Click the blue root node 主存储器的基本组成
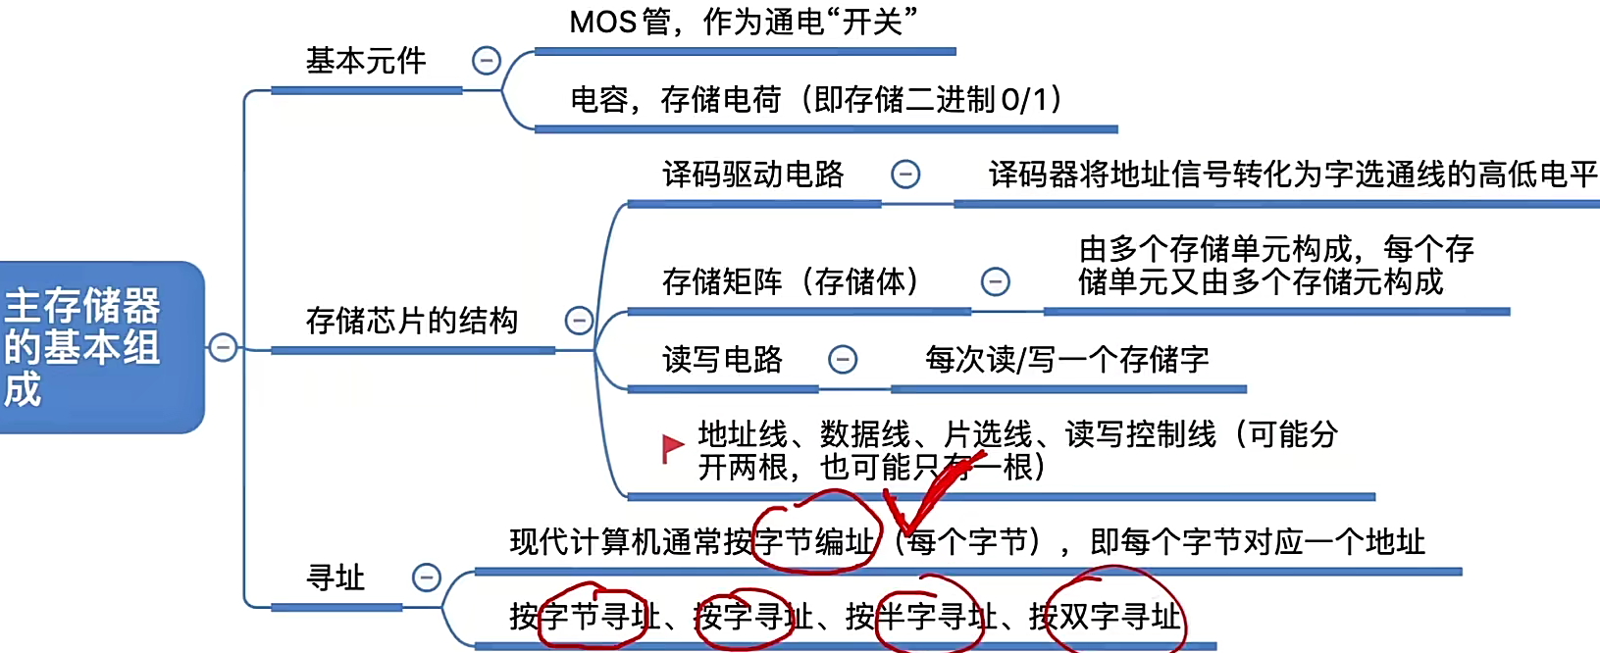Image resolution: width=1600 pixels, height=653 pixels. click(98, 346)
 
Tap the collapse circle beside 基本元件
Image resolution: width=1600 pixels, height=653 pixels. click(487, 61)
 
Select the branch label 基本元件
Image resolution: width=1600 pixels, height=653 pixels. click(366, 61)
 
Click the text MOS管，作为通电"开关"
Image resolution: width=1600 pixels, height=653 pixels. click(744, 22)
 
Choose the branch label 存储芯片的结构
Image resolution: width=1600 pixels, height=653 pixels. click(411, 321)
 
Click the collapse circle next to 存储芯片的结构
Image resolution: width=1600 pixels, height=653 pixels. click(579, 321)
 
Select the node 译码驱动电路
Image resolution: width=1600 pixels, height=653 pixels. click(752, 175)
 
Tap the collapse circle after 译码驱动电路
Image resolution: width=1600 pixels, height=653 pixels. click(905, 175)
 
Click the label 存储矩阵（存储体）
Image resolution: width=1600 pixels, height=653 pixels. click(791, 282)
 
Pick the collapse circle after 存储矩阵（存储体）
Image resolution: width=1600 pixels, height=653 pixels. click(996, 282)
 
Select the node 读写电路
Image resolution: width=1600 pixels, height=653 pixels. click(722, 360)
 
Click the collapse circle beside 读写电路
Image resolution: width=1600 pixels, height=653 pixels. click(843, 360)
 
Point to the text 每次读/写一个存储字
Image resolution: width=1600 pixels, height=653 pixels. click(1066, 360)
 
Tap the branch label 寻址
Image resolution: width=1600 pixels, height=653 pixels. click(335, 578)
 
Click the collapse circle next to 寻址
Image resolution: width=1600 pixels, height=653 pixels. click(427, 578)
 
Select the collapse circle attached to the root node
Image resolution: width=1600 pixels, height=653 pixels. click(224, 347)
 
